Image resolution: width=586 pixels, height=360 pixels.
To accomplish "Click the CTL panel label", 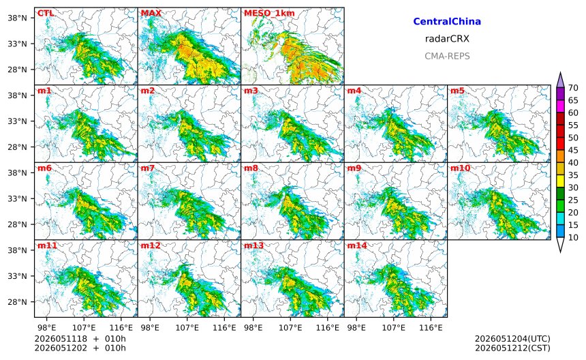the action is [45, 14].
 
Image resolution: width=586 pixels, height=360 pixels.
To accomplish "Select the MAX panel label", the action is [151, 14].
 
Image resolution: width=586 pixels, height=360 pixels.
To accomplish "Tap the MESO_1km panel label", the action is [269, 14].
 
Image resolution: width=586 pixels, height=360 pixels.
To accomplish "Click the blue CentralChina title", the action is [447, 22].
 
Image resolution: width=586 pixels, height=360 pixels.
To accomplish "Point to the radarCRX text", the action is [447, 39].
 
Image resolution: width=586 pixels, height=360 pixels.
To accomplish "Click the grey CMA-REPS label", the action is [447, 57].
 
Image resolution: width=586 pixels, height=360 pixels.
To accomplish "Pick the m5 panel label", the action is [458, 91].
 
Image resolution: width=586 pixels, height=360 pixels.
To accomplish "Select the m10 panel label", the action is [460, 168].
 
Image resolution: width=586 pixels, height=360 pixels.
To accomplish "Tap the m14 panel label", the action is [357, 245].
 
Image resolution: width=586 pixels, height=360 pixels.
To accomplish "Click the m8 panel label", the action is [251, 168].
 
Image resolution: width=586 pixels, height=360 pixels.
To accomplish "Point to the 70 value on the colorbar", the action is [573, 88].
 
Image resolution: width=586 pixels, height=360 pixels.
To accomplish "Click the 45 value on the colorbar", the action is [573, 150].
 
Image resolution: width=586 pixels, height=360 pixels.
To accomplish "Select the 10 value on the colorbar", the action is [573, 237].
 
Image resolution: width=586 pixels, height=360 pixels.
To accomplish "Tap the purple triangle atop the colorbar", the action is [560, 80].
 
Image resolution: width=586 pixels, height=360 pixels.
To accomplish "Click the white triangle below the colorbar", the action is [560, 245].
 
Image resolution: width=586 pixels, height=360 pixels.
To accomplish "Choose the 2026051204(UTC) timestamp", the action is [512, 339].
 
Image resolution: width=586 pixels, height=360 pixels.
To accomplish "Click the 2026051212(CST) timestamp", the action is [512, 348].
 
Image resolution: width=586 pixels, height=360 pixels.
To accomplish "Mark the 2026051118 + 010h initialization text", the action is [80, 339].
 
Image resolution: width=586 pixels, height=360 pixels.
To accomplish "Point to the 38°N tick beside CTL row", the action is [18, 18].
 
